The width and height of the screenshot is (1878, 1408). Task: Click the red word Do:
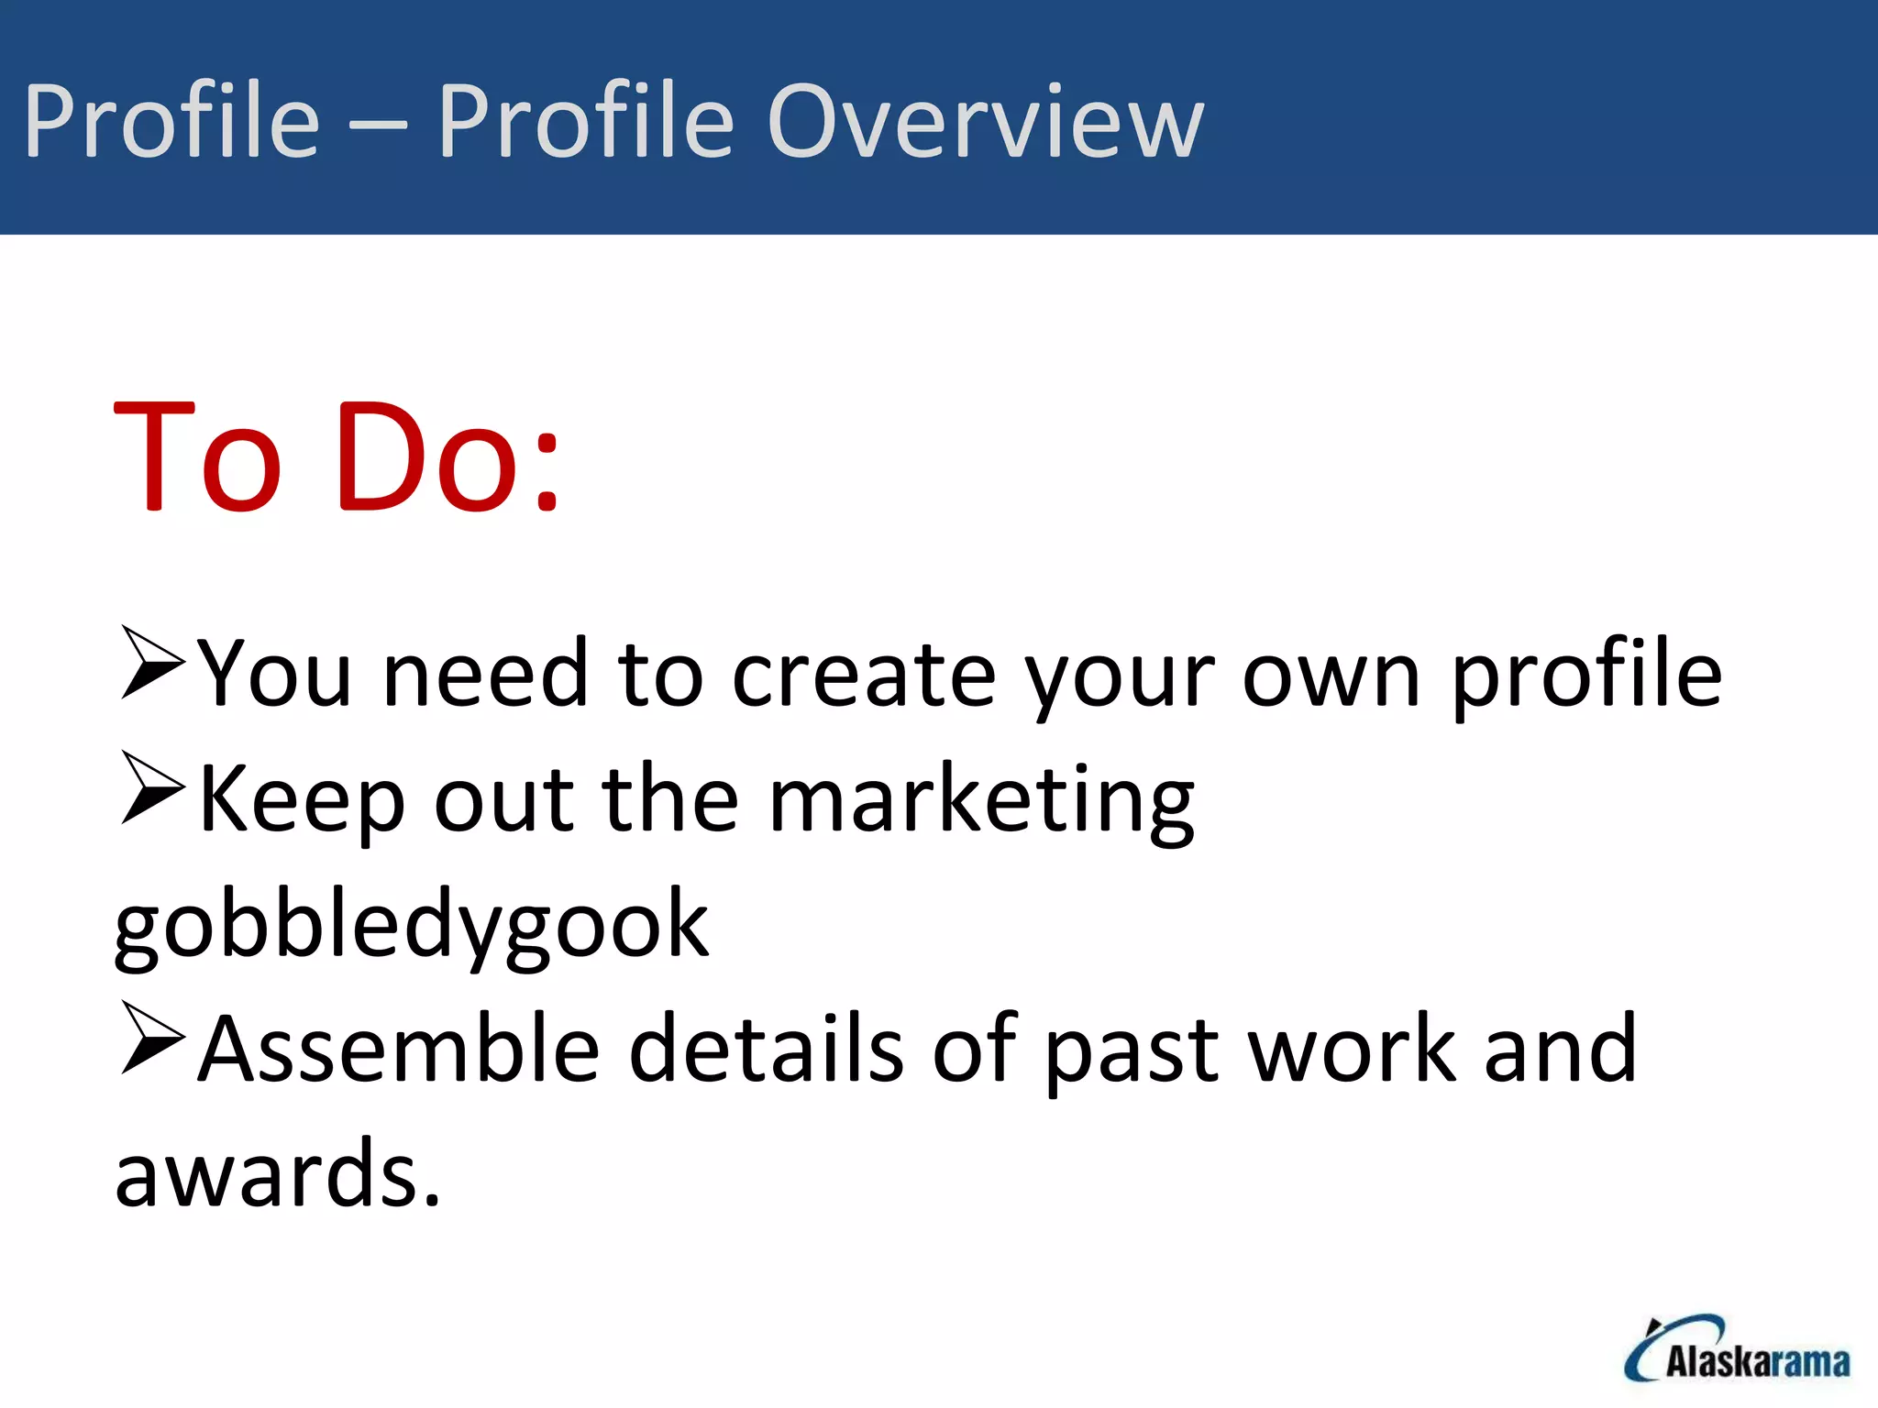(x=447, y=456)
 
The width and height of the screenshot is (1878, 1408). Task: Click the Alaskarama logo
(x=1737, y=1348)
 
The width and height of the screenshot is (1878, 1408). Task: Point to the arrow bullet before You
(x=151, y=663)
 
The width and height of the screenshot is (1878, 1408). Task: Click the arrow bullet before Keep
(x=151, y=787)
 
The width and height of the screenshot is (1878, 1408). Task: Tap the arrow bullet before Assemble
(x=151, y=1038)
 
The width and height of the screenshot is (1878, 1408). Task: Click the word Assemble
(x=399, y=1050)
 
